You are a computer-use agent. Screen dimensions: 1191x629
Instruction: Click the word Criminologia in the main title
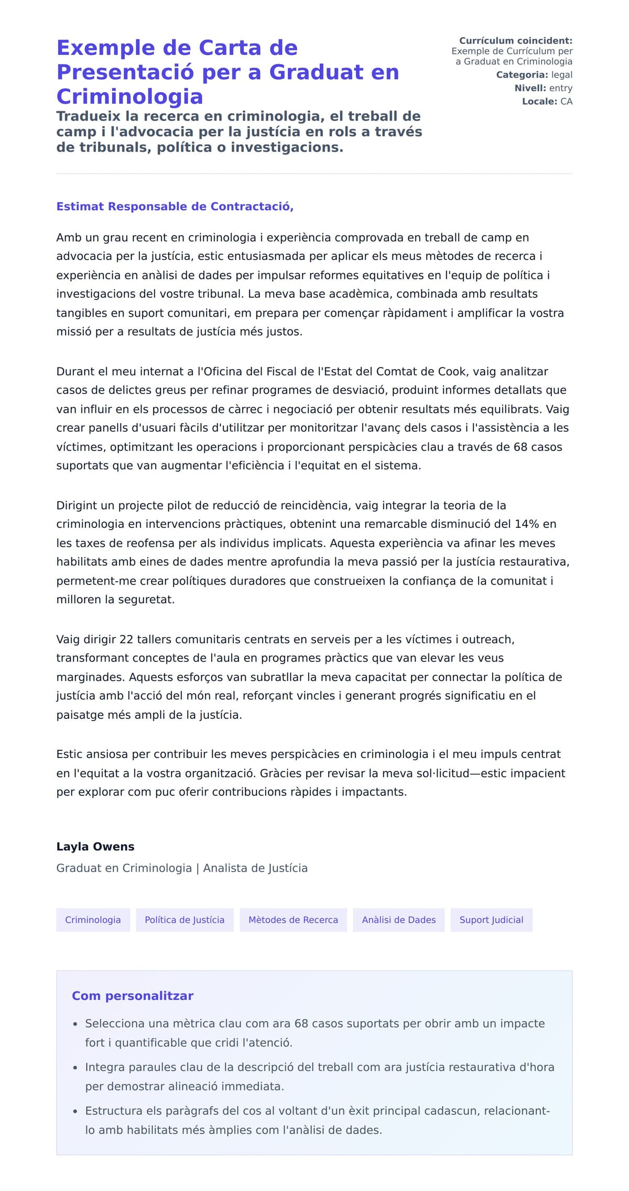[129, 96]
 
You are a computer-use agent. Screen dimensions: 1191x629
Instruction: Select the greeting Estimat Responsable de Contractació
[175, 207]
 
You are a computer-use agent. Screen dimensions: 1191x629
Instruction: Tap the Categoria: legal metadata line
[534, 75]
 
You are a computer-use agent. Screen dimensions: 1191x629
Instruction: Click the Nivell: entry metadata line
[543, 88]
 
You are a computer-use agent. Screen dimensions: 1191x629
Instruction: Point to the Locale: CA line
[547, 101]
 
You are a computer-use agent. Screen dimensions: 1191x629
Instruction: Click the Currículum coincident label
[515, 41]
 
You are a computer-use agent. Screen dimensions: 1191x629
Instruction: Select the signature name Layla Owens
[95, 847]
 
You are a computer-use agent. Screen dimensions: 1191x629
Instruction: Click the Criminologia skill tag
[93, 920]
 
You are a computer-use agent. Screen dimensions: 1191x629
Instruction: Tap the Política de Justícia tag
[185, 920]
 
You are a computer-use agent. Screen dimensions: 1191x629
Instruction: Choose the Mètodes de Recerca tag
[293, 920]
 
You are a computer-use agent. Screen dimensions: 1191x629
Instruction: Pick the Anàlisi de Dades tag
[398, 920]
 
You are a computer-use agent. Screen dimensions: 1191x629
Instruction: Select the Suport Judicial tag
[491, 920]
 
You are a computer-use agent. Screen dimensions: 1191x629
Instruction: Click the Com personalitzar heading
[133, 996]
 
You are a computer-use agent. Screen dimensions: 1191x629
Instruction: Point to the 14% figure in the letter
[527, 524]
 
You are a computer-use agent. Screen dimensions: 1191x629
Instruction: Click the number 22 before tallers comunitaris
[126, 640]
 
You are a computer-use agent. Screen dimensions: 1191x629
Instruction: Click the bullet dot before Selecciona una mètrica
[75, 1024]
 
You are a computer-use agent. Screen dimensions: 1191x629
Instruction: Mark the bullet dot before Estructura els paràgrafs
[75, 1112]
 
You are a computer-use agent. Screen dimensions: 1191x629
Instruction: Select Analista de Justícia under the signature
[255, 868]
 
